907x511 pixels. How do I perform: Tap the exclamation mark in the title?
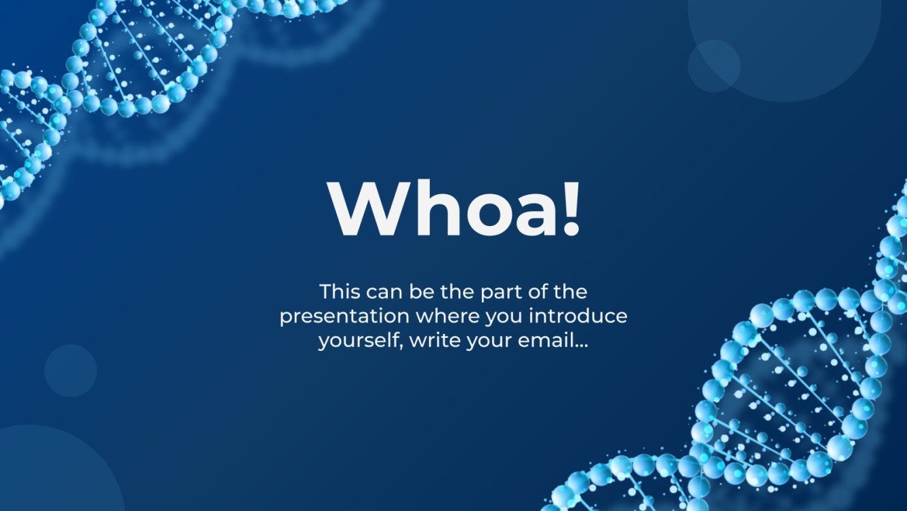[x=571, y=208]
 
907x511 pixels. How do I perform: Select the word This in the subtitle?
[x=340, y=292]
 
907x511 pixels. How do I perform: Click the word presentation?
[x=344, y=317]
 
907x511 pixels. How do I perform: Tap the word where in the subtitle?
[x=445, y=316]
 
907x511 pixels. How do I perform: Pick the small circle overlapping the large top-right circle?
[x=713, y=66]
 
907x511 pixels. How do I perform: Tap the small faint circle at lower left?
[x=70, y=371]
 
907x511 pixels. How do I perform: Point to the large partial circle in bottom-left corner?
[x=47, y=475]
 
